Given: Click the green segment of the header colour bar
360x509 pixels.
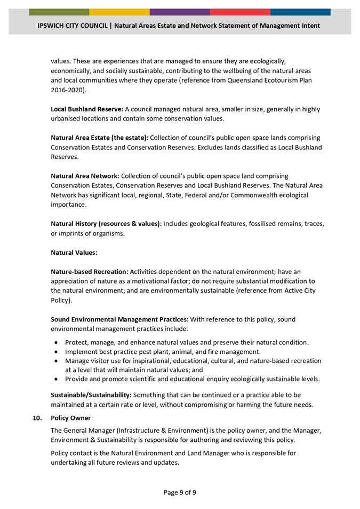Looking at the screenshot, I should [x=59, y=12].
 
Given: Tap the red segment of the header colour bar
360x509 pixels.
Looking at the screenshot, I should [x=240, y=12].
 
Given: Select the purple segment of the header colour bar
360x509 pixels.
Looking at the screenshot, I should [x=180, y=12].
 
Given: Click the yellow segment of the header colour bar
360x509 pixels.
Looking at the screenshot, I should [x=119, y=12].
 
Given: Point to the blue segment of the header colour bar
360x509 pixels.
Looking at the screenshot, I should [x=300, y=12].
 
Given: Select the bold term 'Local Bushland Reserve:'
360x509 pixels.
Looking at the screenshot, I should [x=87, y=109].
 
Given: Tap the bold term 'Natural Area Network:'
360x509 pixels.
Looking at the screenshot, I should [x=85, y=176].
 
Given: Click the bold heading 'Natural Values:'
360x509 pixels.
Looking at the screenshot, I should [x=74, y=253].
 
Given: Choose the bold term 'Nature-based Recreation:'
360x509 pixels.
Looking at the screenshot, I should [x=90, y=272].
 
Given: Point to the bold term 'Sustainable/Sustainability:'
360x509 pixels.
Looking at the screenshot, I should [x=91, y=395].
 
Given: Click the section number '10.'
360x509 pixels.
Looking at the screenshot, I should [x=37, y=418].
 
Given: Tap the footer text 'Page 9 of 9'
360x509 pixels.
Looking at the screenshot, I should [x=180, y=492].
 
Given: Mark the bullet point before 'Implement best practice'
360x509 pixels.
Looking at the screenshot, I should [x=57, y=352].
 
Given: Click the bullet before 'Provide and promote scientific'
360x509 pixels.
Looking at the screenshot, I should [x=57, y=379].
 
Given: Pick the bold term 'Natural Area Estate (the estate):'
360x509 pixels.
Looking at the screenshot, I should [x=100, y=138].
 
